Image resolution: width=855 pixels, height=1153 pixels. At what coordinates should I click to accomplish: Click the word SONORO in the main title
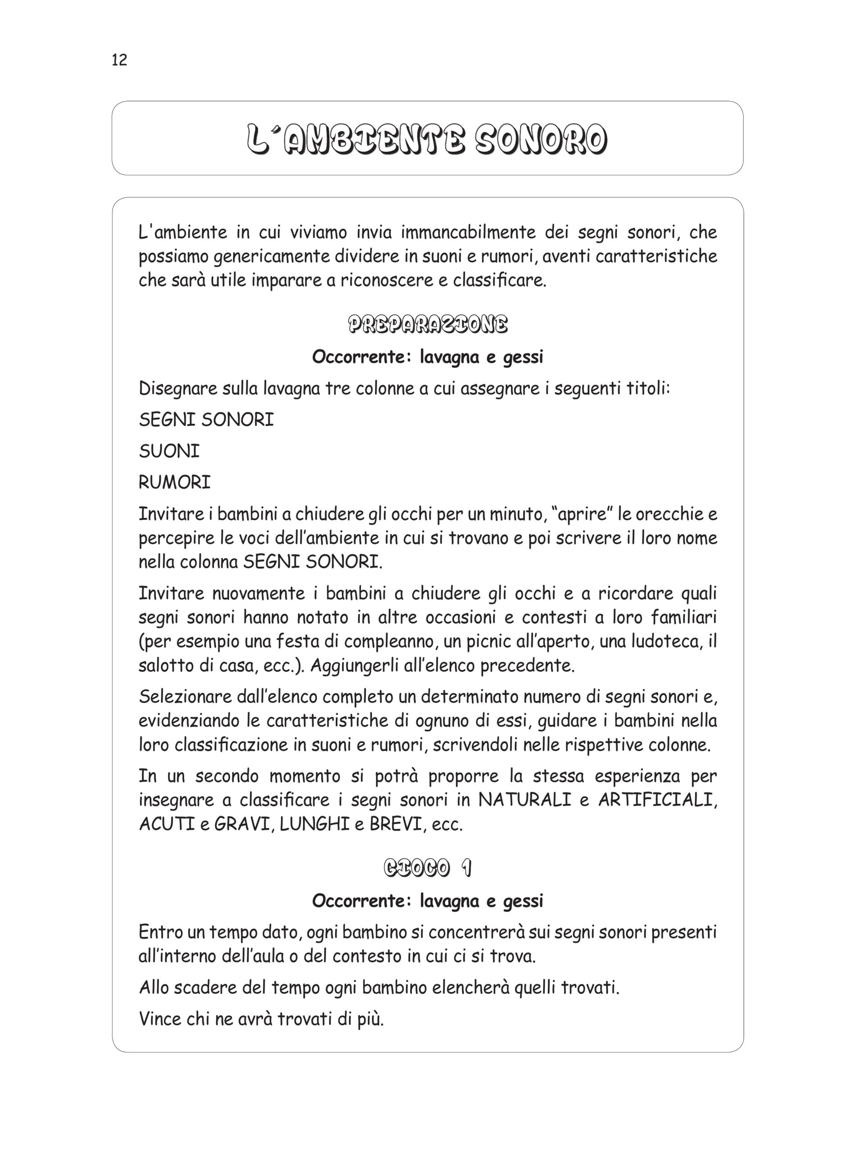pos(541,139)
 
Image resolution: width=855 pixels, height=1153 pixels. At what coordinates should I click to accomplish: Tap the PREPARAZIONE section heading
pos(428,325)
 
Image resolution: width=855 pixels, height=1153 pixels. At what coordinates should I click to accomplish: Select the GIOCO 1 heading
pos(428,868)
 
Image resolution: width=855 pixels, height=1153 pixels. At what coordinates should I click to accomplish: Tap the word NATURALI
pos(524,800)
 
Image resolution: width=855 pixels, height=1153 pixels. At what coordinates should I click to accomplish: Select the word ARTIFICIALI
pos(657,800)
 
